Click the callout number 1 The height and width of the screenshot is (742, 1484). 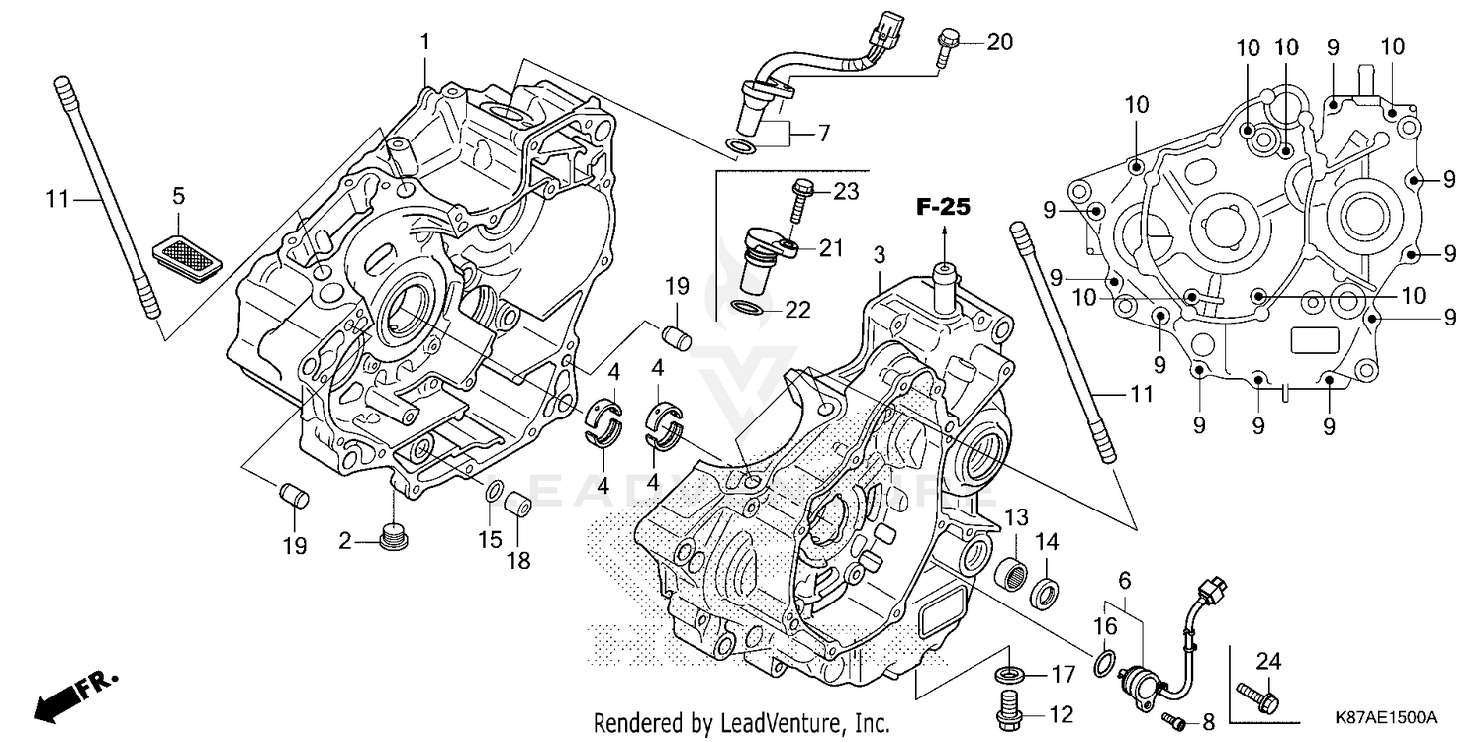pyautogui.click(x=425, y=43)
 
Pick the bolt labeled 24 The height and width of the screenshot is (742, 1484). pyautogui.click(x=1257, y=698)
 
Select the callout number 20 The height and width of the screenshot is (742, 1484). pyautogui.click(x=999, y=42)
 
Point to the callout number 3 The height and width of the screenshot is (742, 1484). pyautogui.click(x=878, y=256)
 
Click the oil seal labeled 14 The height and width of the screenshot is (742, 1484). pyautogui.click(x=1047, y=595)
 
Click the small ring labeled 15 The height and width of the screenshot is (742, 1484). pyautogui.click(x=492, y=492)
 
